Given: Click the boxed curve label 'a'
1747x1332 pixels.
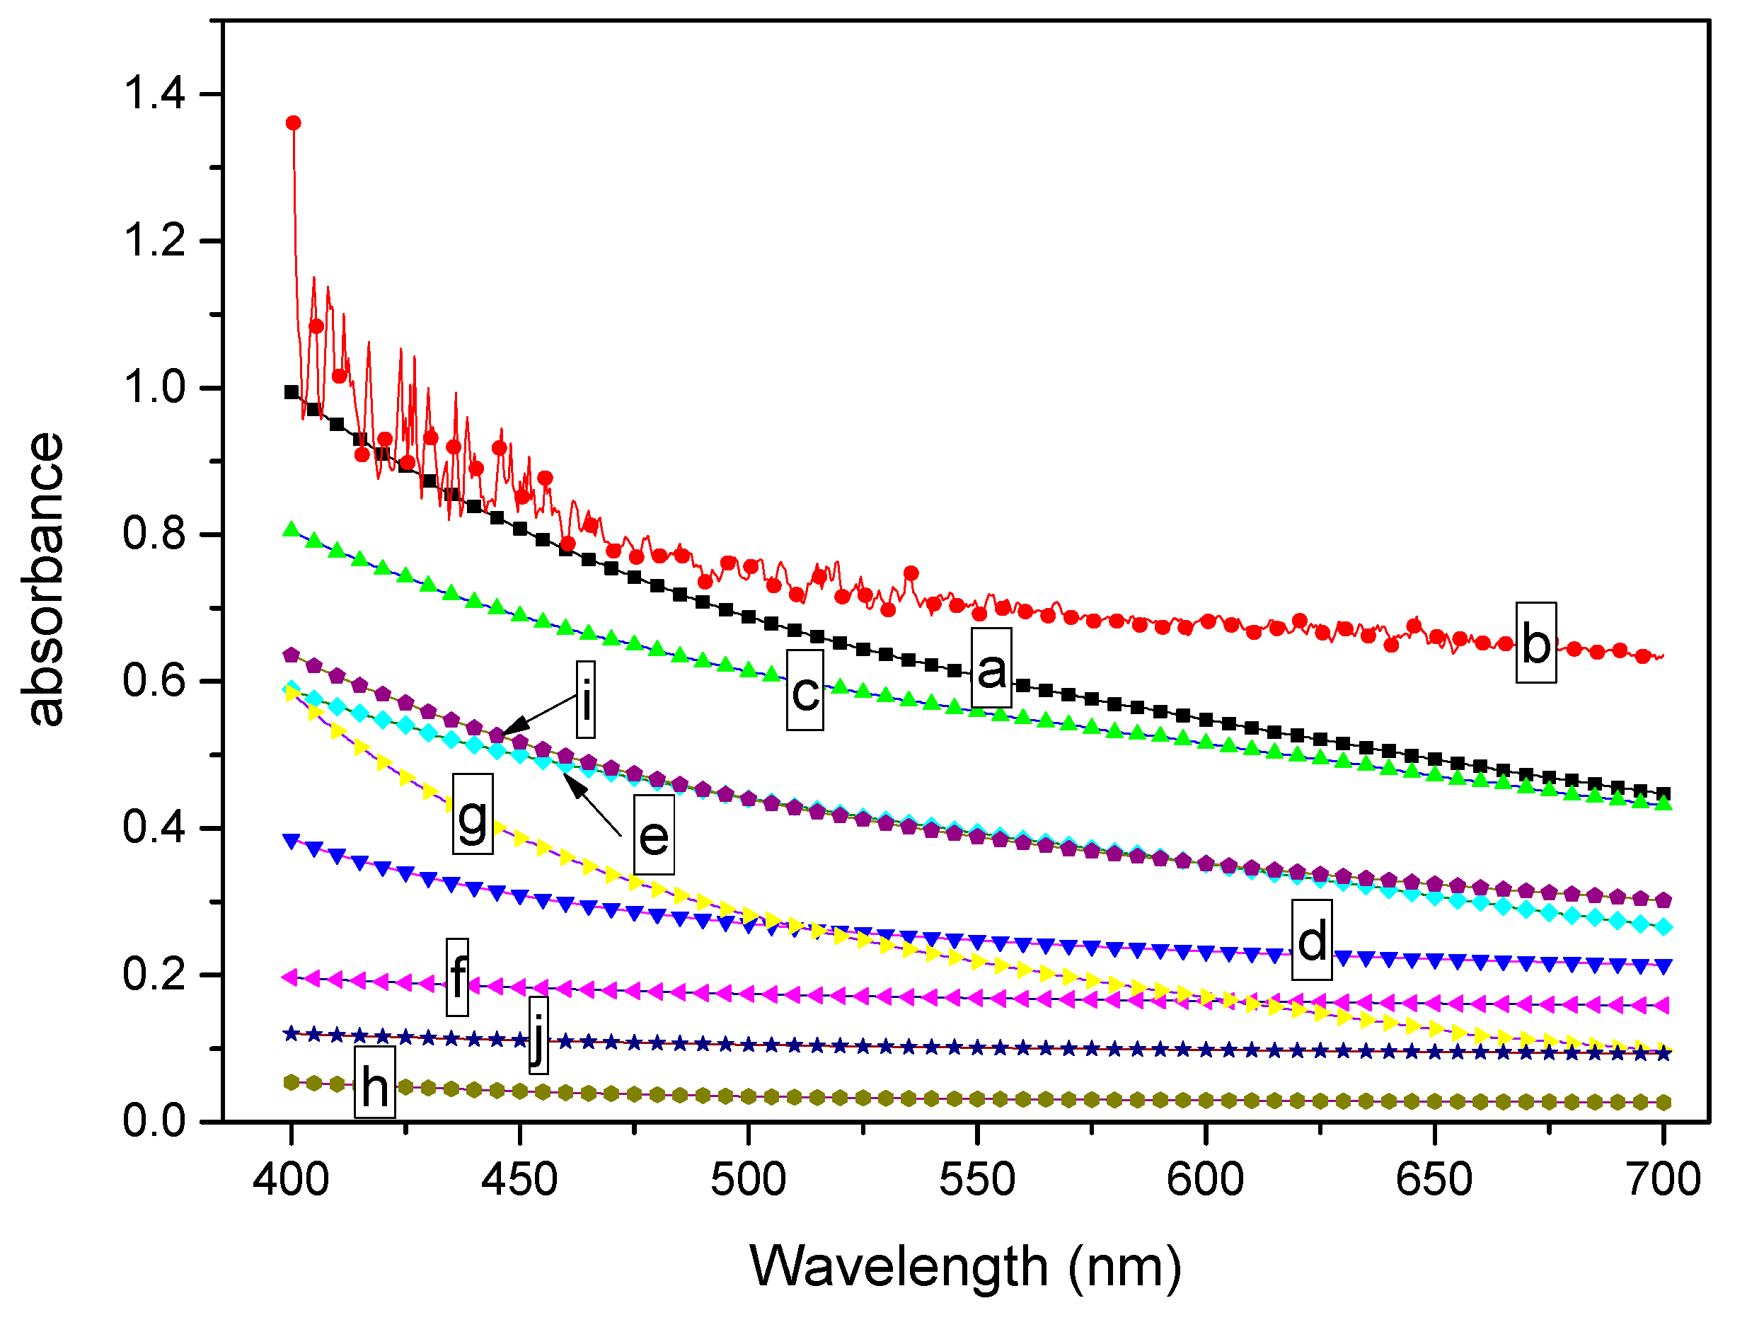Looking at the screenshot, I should coord(991,667).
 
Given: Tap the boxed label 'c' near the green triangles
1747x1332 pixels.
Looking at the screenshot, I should coord(805,690).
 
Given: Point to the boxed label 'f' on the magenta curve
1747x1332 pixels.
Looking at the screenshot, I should coord(456,977).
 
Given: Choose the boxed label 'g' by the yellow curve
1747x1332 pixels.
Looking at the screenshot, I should coord(473,813).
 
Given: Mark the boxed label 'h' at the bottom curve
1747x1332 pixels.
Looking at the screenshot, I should coord(374,1081).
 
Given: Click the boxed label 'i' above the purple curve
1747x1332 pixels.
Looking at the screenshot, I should coord(585,699).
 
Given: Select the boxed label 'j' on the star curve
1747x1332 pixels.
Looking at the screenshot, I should coord(538,1035).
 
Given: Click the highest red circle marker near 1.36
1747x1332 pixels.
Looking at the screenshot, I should coord(293,123).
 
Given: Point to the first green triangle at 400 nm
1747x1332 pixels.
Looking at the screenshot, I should coord(291,529).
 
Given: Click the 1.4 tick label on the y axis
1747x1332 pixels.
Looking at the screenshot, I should coord(154,93).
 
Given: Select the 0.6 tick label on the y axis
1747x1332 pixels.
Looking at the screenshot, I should coord(154,680).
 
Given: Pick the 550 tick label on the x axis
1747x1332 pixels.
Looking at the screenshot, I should coord(976,1179).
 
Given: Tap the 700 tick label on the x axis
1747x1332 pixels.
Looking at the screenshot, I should coord(1662,1179).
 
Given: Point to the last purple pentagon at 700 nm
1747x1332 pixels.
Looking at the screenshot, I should coord(1663,900).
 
